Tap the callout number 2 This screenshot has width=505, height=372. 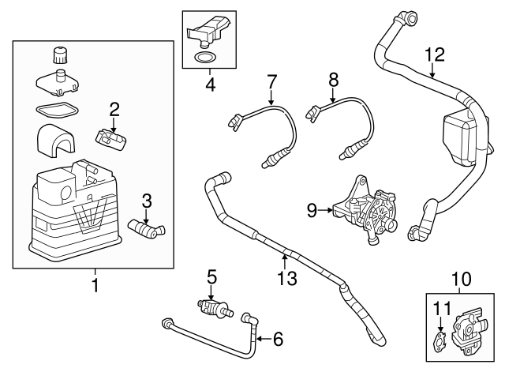click(x=114, y=109)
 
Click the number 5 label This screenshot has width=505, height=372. click(x=211, y=276)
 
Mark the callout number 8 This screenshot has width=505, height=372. click(x=332, y=80)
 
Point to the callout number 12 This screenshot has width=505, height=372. click(x=434, y=54)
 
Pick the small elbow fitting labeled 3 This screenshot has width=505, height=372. click(x=145, y=230)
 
